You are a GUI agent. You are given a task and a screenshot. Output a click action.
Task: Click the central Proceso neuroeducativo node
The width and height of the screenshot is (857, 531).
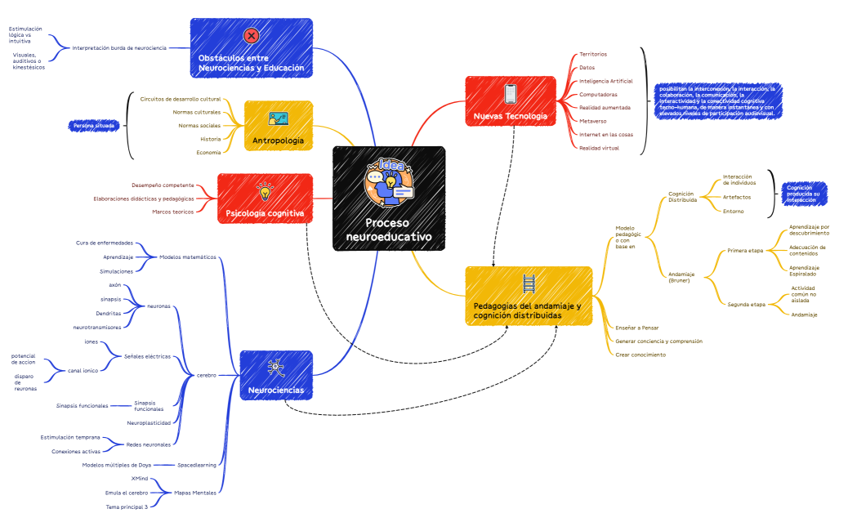tap(389, 199)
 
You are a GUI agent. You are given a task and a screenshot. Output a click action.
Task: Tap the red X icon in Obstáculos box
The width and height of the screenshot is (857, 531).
tap(251, 35)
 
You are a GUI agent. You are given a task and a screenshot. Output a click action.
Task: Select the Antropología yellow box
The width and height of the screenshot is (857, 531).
tap(278, 126)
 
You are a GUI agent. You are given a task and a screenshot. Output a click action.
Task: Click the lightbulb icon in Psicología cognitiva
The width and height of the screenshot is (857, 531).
tap(265, 191)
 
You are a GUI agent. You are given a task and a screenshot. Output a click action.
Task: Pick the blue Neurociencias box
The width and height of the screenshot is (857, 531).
tap(275, 377)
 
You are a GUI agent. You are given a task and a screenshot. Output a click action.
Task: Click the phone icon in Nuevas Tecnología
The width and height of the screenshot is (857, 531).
tap(511, 93)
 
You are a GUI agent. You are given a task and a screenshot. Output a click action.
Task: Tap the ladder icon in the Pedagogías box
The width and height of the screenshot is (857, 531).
tap(529, 283)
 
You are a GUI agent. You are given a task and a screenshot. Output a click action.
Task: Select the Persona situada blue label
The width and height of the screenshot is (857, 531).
tap(95, 126)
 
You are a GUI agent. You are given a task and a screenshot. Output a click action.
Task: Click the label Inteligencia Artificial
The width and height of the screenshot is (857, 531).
tap(605, 81)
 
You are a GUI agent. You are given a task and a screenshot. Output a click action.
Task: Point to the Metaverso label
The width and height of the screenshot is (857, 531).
tap(592, 121)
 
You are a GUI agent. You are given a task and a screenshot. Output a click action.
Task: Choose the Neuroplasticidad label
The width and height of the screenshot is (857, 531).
tap(149, 423)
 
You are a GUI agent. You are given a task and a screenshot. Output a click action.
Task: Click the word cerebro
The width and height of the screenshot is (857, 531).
tap(207, 375)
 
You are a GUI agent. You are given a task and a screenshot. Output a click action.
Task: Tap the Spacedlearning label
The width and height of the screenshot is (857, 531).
tap(199, 465)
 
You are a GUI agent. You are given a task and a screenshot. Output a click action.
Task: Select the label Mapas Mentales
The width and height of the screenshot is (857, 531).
tap(195, 493)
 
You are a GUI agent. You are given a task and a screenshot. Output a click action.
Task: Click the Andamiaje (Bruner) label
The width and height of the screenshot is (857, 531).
tap(681, 277)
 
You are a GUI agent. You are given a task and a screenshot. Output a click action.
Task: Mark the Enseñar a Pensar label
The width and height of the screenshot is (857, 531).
tap(637, 328)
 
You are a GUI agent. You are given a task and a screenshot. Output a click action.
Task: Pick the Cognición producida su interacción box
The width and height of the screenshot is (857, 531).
tap(805, 194)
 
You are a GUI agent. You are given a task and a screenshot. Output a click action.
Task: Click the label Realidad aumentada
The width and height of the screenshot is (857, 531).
tap(605, 108)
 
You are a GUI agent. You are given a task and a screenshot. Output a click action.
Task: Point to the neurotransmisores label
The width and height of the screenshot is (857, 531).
tap(97, 327)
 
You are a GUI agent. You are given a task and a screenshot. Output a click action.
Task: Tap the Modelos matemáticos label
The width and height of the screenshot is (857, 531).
tap(188, 257)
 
